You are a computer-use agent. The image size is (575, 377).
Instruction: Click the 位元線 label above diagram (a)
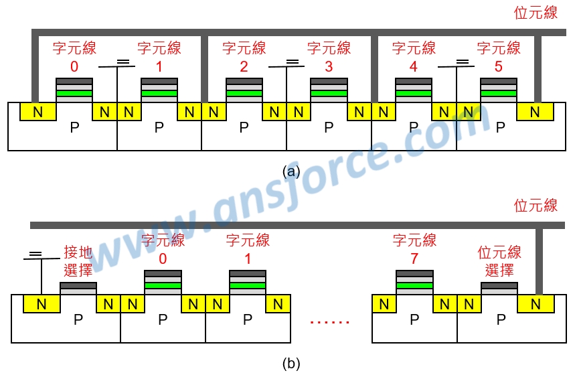click(536, 13)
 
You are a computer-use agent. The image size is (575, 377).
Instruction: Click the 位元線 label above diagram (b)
click(536, 206)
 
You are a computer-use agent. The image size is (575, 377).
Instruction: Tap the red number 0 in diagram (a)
click(74, 67)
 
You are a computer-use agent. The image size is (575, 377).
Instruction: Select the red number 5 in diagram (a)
click(499, 67)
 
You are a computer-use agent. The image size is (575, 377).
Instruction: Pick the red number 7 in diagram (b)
click(414, 259)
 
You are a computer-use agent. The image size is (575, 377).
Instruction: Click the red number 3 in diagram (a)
click(329, 67)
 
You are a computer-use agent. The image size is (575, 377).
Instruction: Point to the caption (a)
click(291, 171)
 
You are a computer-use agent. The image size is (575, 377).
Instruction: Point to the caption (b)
click(291, 364)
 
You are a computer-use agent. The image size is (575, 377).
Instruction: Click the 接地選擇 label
click(78, 261)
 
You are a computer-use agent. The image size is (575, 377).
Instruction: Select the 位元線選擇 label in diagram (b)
click(499, 261)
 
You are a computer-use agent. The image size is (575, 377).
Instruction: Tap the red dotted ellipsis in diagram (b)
click(329, 322)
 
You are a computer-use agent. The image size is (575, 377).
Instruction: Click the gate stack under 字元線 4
click(414, 90)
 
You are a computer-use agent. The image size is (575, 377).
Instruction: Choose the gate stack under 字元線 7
click(414, 283)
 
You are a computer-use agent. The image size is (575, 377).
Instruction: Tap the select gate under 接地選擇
click(78, 288)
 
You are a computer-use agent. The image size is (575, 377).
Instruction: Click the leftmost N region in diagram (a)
click(37, 112)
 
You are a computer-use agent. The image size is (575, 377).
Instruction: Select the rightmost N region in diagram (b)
click(536, 304)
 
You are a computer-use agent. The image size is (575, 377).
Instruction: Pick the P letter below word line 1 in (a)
click(159, 128)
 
